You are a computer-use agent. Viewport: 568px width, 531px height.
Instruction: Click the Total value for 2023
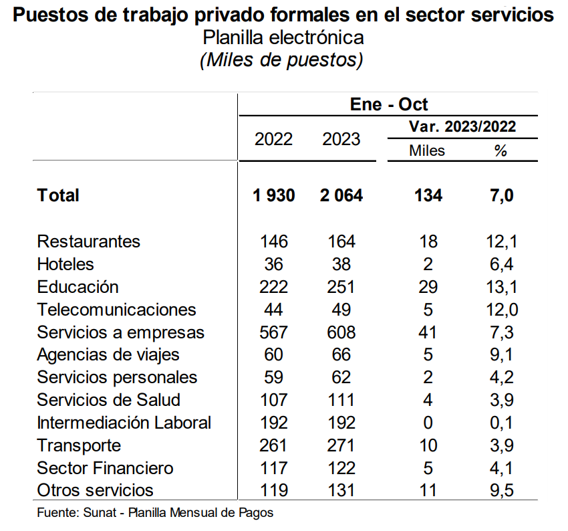(x=341, y=195)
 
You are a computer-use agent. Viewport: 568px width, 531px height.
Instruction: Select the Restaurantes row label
(x=89, y=241)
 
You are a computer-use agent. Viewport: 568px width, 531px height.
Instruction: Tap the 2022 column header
(x=273, y=139)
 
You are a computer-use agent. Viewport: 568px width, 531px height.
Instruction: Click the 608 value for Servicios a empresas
(x=341, y=332)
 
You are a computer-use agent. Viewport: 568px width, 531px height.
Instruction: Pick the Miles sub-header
(x=427, y=151)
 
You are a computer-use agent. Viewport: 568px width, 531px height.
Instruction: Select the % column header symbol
(x=501, y=151)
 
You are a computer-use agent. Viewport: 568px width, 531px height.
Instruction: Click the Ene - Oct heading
(x=389, y=105)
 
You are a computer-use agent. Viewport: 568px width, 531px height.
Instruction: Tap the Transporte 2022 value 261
(x=273, y=445)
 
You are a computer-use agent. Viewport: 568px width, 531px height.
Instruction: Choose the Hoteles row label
(x=65, y=264)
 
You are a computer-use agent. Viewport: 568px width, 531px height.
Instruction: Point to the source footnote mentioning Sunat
(x=155, y=514)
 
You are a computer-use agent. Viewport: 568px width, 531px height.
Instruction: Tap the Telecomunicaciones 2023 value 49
(x=341, y=310)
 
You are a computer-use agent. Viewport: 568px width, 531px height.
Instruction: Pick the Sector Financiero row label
(x=105, y=468)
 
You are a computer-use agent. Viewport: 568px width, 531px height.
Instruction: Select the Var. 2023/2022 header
(x=462, y=126)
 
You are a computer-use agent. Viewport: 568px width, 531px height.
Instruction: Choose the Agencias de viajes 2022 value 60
(x=273, y=354)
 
